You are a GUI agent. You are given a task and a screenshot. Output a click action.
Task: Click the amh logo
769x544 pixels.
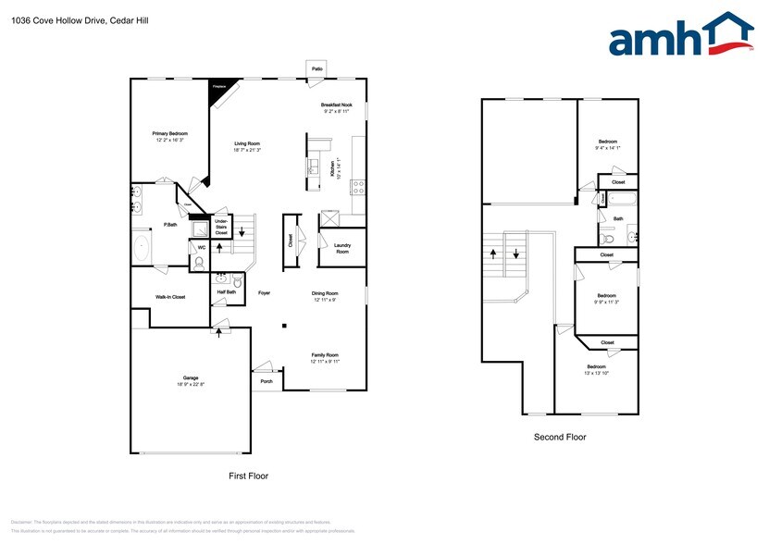pos(681,40)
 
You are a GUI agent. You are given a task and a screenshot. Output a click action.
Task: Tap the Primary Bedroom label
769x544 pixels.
pos(170,136)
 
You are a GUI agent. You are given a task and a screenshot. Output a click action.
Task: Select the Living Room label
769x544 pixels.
pos(247,146)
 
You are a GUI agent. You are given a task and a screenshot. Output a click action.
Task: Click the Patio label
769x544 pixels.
pos(317,68)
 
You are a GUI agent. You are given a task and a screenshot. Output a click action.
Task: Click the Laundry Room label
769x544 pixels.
pos(342,249)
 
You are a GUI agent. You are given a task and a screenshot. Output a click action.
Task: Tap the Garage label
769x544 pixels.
pos(191,380)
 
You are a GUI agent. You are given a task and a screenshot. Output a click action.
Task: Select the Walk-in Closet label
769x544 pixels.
pos(170,297)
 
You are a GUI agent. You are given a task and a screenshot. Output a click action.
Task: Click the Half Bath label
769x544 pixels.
pos(227,292)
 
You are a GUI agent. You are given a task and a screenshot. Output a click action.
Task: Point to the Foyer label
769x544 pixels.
pos(265,292)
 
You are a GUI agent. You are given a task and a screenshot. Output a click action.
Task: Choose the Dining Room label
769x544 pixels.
pos(325,296)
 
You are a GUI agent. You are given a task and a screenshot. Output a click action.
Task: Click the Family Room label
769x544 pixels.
pos(325,357)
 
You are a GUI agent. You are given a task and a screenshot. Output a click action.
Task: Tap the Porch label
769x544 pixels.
pos(267,381)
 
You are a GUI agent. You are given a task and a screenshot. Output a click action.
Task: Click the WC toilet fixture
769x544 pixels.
pos(199,262)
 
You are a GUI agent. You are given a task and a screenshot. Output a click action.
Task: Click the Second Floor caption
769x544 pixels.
pos(560,437)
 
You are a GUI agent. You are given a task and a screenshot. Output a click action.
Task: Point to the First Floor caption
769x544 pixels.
pos(249,476)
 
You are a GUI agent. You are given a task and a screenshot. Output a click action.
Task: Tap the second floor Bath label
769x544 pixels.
pos(618,219)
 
